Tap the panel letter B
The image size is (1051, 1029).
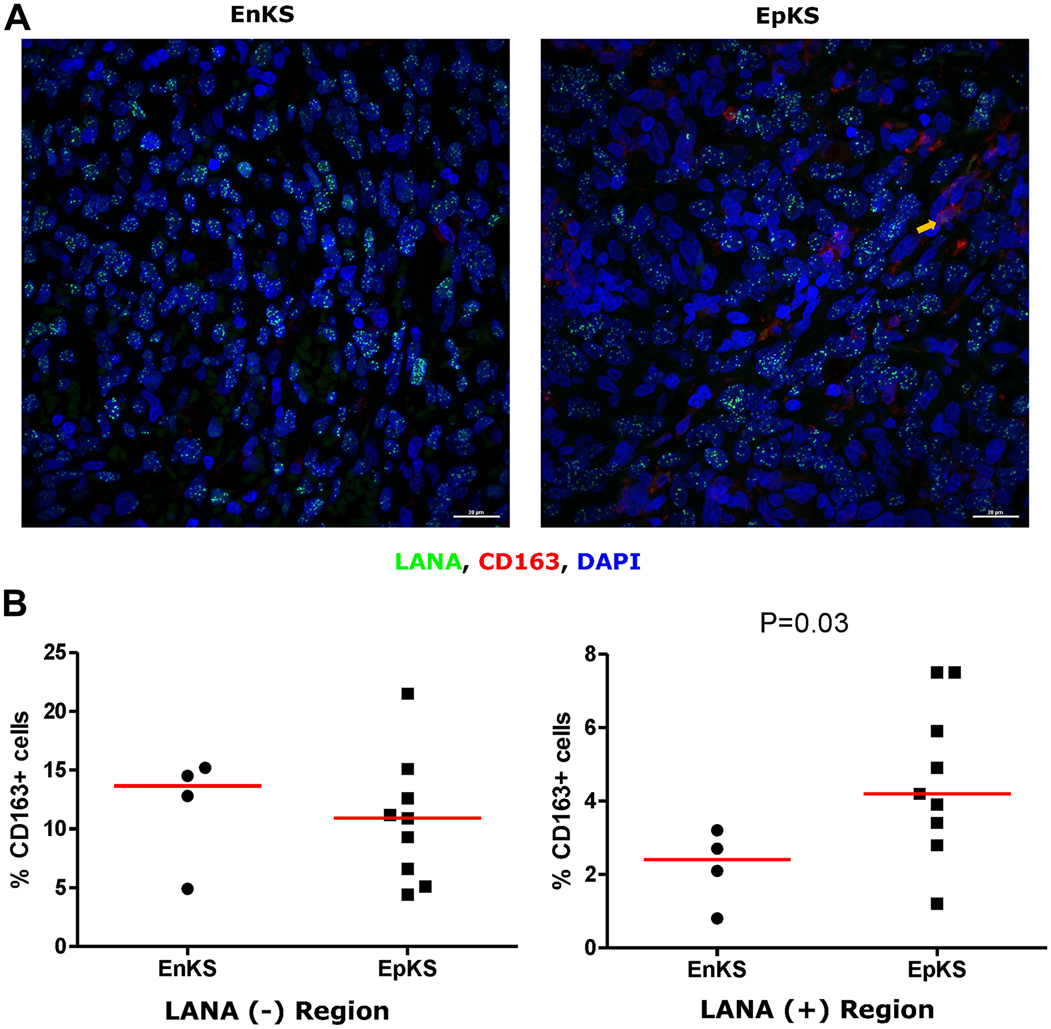click(x=15, y=604)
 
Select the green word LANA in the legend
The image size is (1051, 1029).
click(x=428, y=562)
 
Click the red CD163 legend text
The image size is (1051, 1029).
click(x=519, y=562)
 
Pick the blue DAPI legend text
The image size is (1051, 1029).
click(x=609, y=562)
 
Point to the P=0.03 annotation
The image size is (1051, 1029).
click(x=803, y=623)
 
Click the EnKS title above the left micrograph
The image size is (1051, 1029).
click(x=262, y=15)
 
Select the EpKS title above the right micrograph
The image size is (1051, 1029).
click(x=787, y=16)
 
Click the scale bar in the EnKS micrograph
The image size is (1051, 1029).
click(x=476, y=517)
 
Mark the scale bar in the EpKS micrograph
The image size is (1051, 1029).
click(x=995, y=517)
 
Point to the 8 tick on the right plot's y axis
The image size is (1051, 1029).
click(x=592, y=654)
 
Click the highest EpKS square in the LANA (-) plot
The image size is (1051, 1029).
click(x=407, y=693)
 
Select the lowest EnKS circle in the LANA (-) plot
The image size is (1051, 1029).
click(x=188, y=889)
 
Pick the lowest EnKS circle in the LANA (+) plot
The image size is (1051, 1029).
click(x=717, y=918)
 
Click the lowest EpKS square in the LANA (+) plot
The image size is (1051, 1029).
click(x=937, y=903)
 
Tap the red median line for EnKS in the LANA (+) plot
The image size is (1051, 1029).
click(x=717, y=859)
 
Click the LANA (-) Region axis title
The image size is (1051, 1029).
click(x=276, y=1011)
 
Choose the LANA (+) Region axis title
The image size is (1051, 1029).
click(x=817, y=1010)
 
